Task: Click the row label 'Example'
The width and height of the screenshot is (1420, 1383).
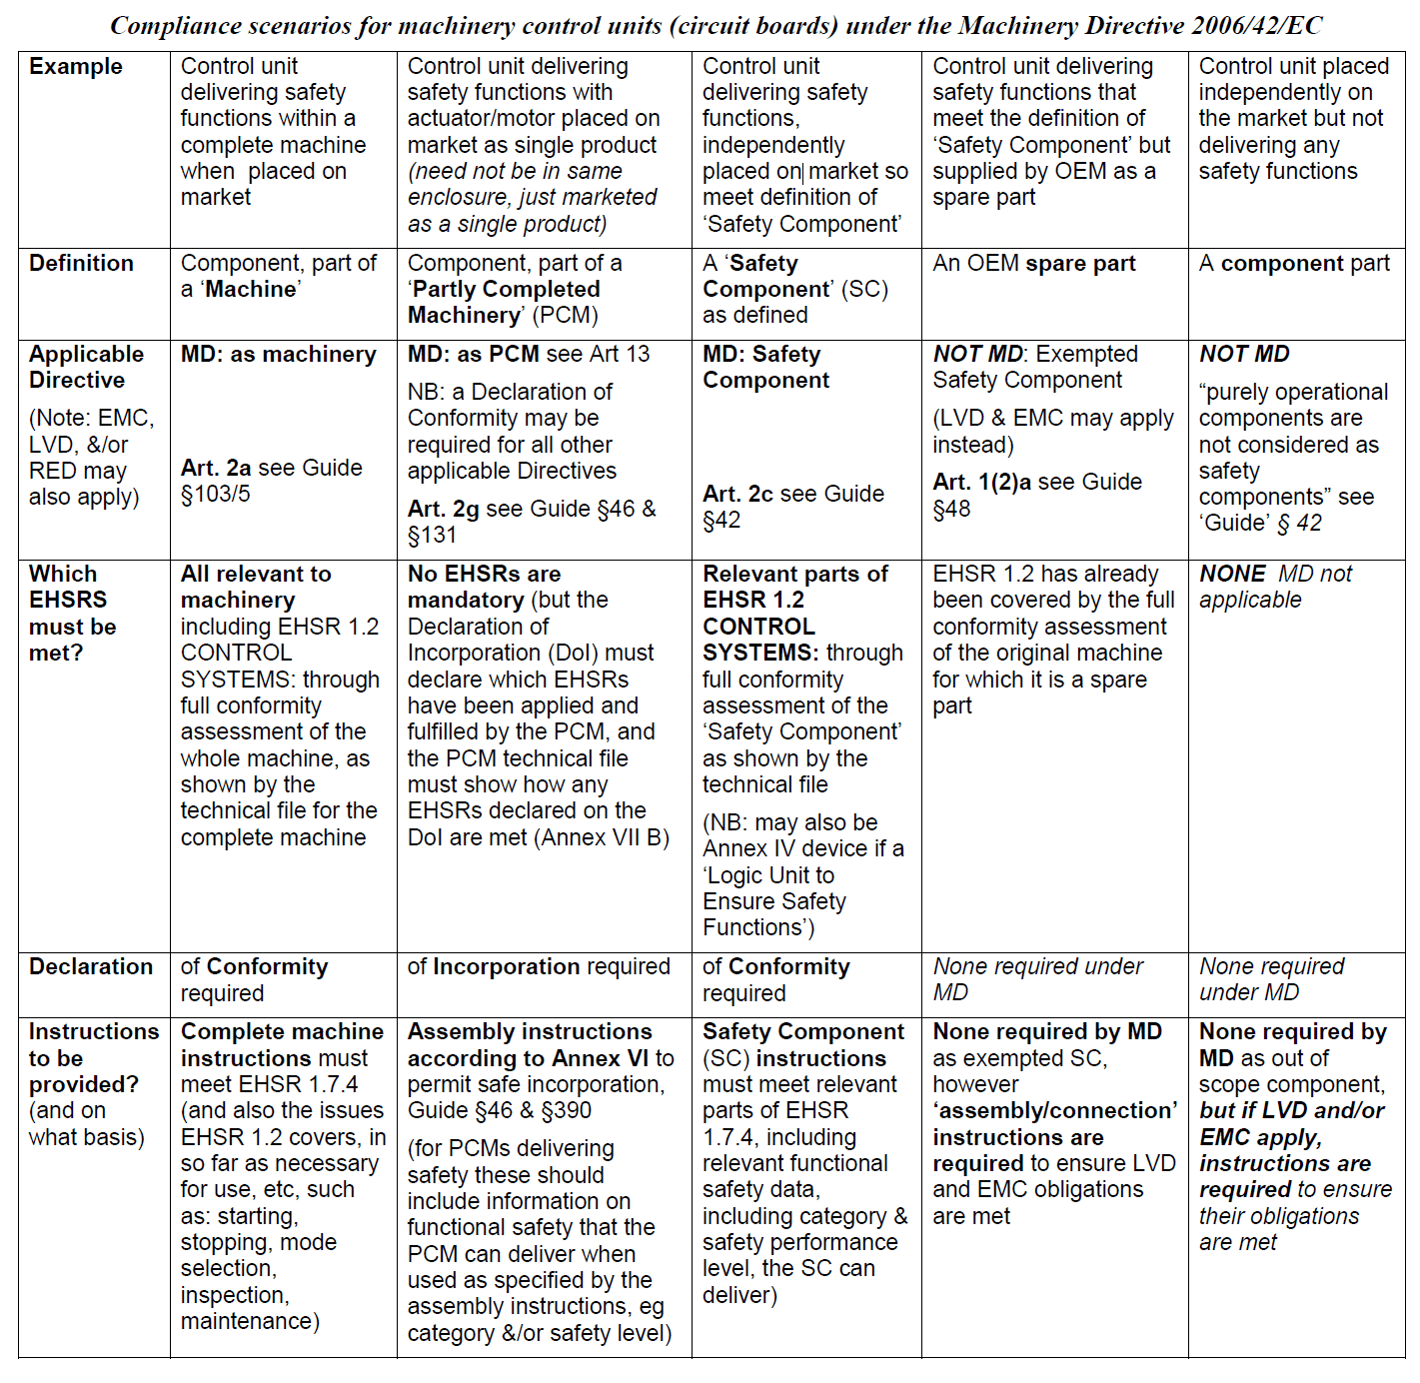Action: (x=76, y=67)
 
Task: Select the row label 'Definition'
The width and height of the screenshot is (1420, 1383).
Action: (x=81, y=264)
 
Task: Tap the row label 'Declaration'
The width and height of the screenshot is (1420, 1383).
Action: (x=91, y=967)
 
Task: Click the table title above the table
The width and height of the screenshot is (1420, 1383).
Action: (x=715, y=25)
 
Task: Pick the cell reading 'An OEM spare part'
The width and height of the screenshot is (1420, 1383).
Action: (x=1034, y=264)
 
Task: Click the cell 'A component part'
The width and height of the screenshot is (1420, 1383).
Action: (x=1294, y=264)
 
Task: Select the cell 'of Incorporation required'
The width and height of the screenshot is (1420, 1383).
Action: (x=539, y=967)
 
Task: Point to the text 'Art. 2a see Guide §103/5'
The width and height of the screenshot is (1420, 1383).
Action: (x=271, y=481)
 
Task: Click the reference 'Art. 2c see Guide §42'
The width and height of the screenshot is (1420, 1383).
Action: (x=792, y=507)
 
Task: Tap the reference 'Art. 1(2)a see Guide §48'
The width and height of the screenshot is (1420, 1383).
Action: (x=1036, y=495)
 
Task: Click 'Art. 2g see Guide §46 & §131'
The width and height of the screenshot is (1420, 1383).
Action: (x=531, y=522)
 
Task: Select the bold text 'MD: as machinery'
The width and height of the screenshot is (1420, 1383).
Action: (x=278, y=355)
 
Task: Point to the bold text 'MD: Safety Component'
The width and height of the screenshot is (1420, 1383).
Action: (x=765, y=368)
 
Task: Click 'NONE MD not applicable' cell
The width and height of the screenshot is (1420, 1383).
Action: (x=1275, y=587)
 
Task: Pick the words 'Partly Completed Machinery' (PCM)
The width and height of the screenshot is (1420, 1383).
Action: (x=504, y=302)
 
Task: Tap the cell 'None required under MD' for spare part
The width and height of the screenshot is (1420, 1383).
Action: (x=1037, y=979)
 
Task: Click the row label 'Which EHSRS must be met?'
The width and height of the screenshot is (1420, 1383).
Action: (x=72, y=614)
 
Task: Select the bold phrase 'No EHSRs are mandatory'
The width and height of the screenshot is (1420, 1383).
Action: (x=484, y=588)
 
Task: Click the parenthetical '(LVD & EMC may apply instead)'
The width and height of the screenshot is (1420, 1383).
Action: (x=1052, y=431)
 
